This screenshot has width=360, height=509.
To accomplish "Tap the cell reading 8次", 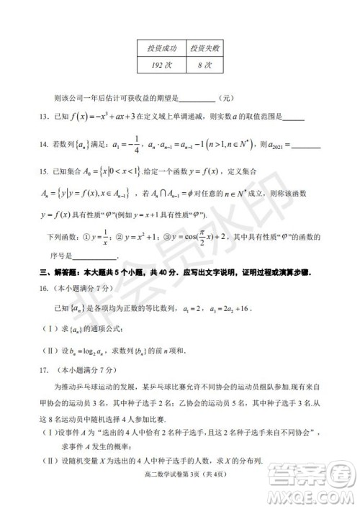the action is pos(205,65).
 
